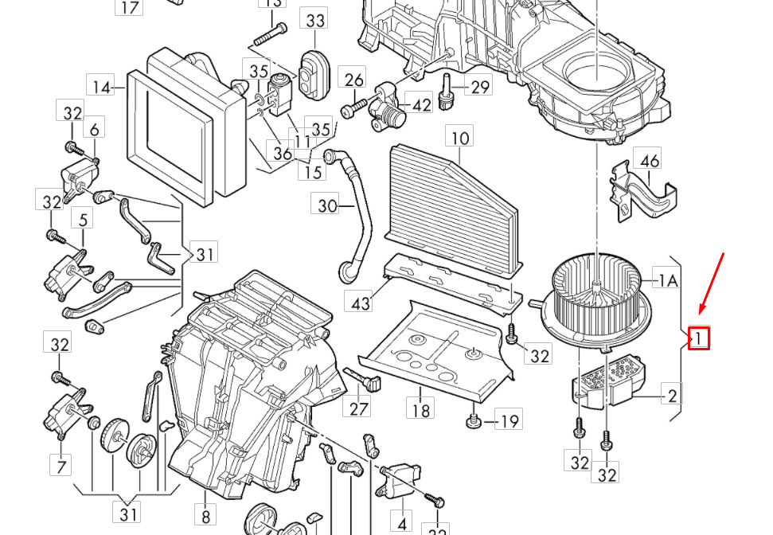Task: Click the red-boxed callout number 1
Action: coord(699,339)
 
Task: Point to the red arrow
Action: coord(712,283)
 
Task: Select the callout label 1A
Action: coord(667,280)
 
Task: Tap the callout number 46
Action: coord(650,161)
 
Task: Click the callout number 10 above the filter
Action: coord(461,139)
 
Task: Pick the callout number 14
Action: coord(101,87)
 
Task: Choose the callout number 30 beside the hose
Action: coord(328,206)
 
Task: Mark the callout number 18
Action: coord(420,410)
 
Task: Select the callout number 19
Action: coord(509,420)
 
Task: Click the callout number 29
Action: coord(480,87)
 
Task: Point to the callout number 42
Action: coord(421,104)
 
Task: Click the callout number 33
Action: coord(315,19)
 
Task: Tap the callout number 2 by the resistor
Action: coord(672,395)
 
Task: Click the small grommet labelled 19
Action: coord(473,419)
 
